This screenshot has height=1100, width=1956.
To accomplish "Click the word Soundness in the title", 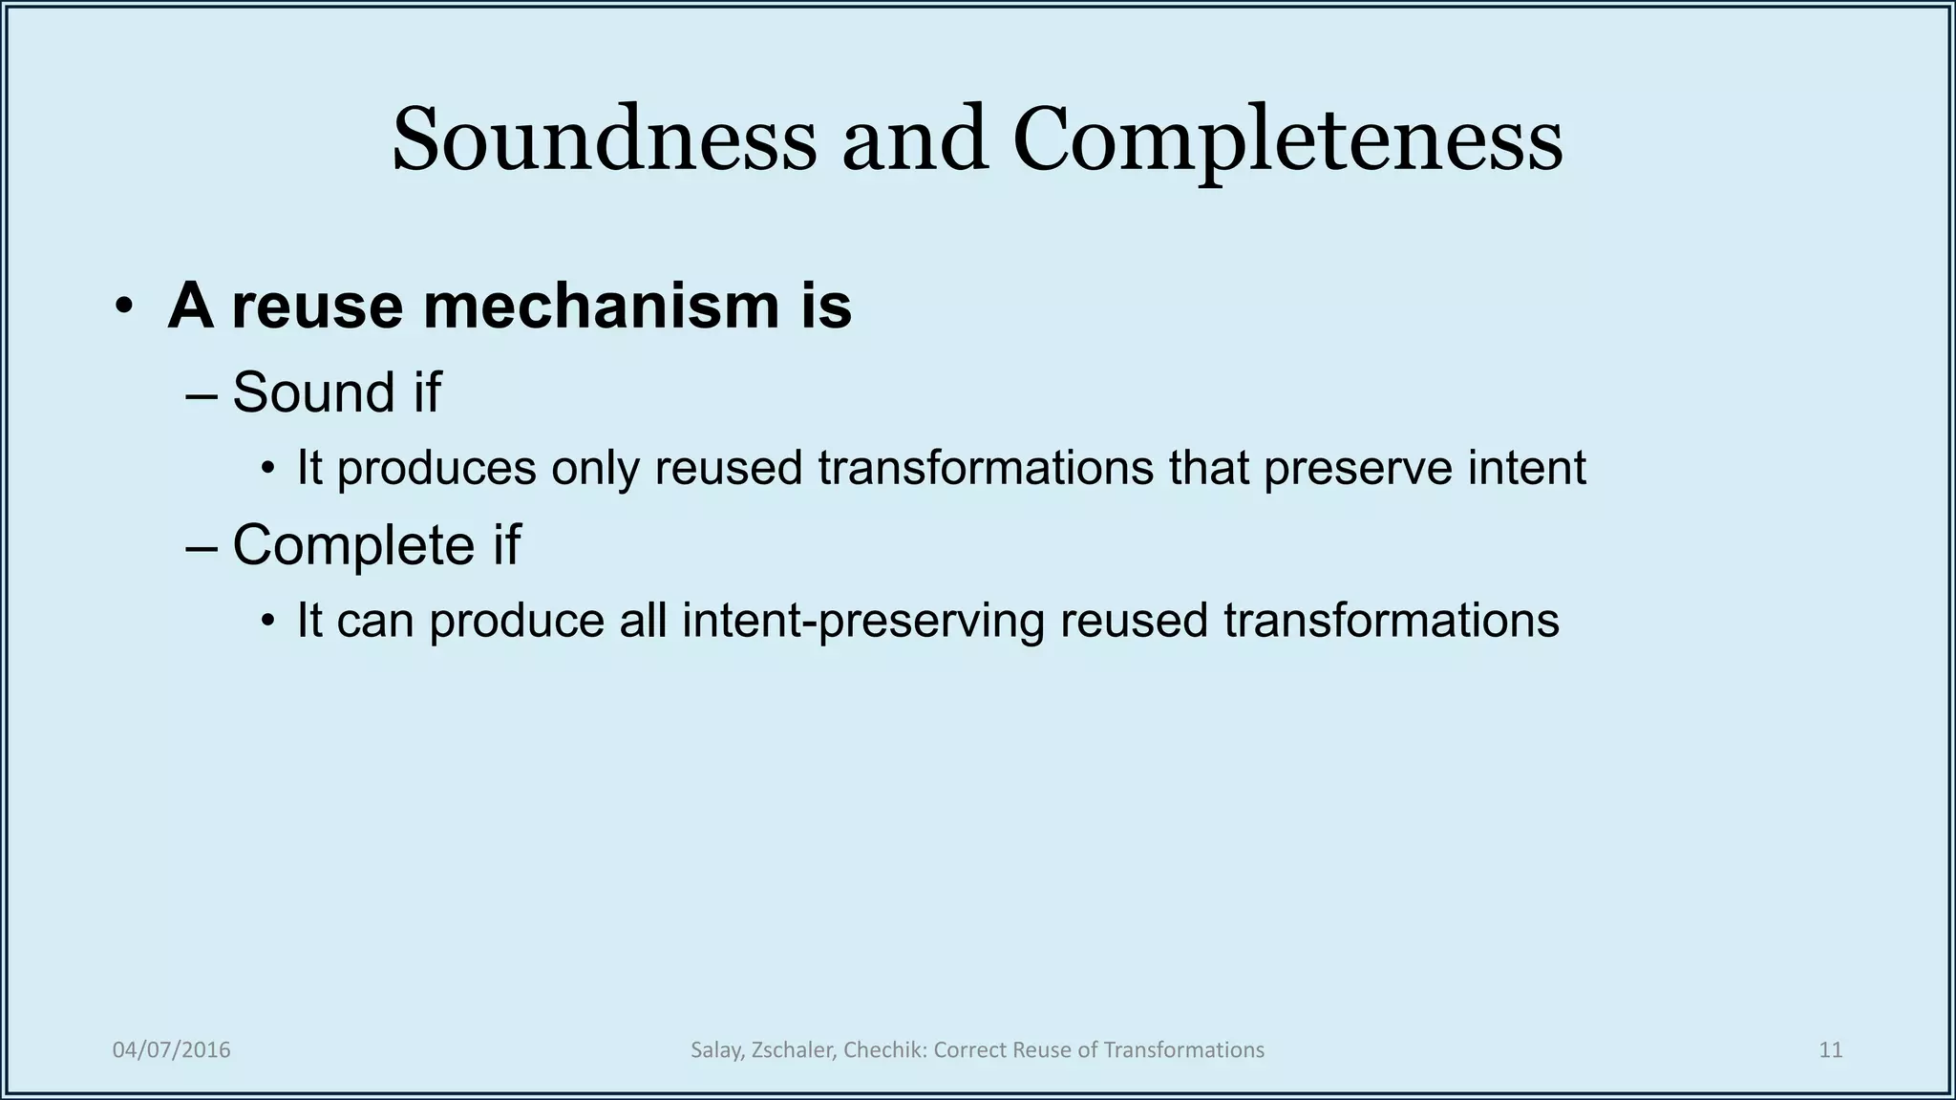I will (x=604, y=140).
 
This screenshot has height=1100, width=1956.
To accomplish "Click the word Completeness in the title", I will (x=1286, y=140).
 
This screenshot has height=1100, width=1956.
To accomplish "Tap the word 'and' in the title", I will (x=914, y=140).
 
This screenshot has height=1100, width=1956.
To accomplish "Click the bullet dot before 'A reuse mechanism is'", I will (x=123, y=307).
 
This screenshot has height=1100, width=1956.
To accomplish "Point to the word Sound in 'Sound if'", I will (x=313, y=392).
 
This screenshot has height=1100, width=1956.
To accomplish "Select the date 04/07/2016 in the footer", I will (x=172, y=1050).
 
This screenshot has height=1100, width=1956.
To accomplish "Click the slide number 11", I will (x=1830, y=1050).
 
